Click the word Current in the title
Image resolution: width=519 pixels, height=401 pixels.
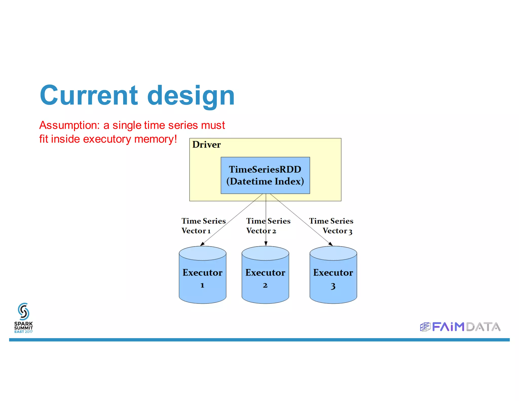[89, 96]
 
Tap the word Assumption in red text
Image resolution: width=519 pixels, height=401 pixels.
[69, 125]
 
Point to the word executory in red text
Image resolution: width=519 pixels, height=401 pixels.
[107, 139]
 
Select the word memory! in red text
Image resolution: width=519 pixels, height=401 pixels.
[156, 139]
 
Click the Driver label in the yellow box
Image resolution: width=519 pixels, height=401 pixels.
[206, 145]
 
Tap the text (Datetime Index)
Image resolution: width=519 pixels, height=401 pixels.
[265, 181]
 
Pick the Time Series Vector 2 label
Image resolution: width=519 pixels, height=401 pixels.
[268, 226]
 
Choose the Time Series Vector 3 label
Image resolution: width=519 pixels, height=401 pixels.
[332, 226]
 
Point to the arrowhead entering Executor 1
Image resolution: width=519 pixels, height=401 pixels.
[202, 244]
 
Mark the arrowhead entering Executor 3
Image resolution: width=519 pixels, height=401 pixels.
[330, 244]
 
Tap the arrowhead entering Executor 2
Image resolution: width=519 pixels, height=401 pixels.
[266, 244]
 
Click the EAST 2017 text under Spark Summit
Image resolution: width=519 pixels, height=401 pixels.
[23, 332]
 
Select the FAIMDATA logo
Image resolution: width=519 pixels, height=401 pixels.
[460, 327]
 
